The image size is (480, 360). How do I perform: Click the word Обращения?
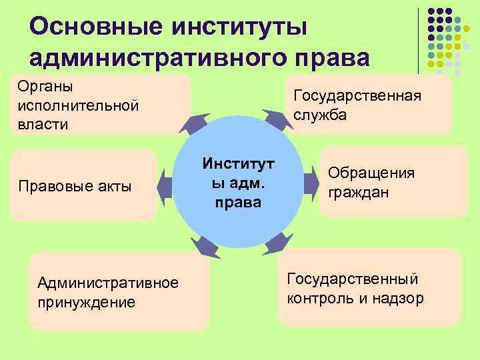pos(371,173)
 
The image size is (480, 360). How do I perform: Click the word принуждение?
pos(87,301)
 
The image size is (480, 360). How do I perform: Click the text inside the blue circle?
pos(238,182)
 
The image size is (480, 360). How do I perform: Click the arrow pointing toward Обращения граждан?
pos(311,182)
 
